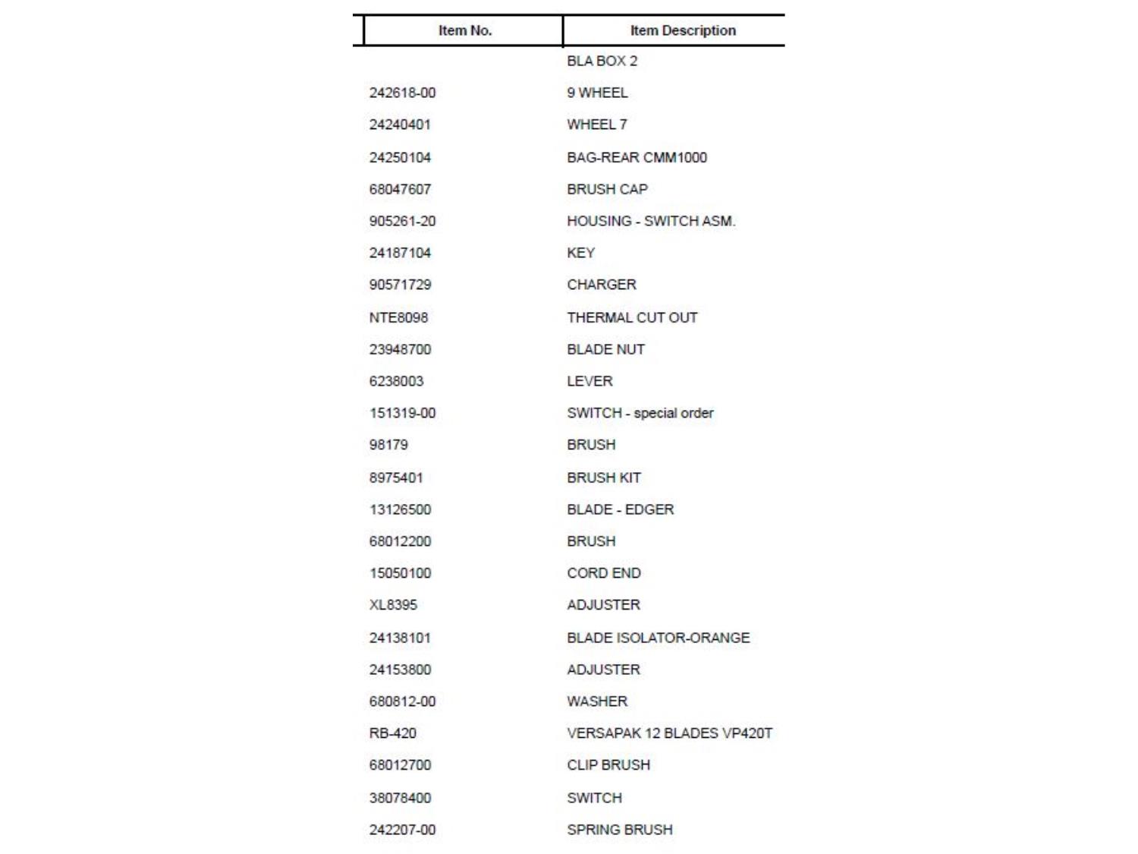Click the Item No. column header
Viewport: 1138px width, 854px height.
464,30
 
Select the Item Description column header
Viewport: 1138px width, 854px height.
682,30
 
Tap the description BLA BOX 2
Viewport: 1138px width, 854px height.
602,61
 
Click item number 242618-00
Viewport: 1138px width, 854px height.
402,93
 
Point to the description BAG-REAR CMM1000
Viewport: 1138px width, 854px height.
637,157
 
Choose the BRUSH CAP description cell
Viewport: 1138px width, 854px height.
607,189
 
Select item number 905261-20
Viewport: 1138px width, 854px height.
402,221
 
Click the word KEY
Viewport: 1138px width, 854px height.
580,253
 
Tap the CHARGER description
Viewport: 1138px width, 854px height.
601,285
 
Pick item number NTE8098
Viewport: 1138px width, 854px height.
398,317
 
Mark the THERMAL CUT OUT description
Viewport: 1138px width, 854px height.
631,317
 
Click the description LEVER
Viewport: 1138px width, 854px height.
589,381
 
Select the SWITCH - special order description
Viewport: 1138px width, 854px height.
640,413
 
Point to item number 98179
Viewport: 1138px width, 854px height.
388,445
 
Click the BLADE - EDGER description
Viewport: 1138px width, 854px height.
620,509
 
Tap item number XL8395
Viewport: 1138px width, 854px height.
393,605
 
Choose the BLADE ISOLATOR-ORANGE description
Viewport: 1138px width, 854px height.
658,638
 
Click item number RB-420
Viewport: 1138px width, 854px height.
392,733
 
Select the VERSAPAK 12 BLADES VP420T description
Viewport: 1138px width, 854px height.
669,733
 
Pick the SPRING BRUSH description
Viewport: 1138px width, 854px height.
619,830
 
